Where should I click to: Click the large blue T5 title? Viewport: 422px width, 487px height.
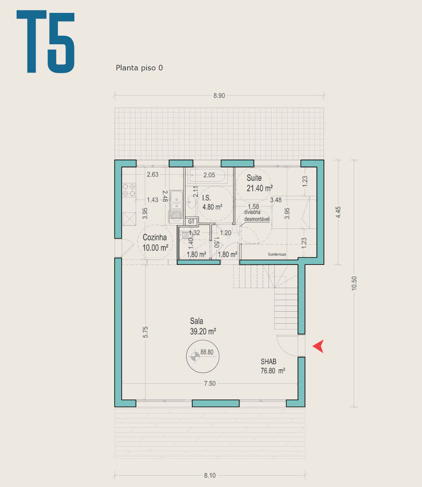[45, 41]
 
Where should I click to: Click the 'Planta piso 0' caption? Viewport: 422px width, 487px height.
[139, 68]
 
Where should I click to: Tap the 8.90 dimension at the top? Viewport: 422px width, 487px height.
[219, 96]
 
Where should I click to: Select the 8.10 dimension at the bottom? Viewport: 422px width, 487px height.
[210, 476]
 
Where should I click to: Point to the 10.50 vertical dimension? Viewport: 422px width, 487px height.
[354, 283]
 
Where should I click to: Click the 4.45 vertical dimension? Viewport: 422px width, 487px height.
[338, 212]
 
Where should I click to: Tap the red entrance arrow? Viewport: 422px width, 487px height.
[318, 346]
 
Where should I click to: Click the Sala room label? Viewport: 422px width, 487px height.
[196, 321]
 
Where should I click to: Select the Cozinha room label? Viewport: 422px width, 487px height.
[155, 237]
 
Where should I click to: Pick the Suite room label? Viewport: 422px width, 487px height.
[254, 178]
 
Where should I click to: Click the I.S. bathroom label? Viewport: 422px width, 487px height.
[207, 198]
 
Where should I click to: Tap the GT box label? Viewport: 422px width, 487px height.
[191, 222]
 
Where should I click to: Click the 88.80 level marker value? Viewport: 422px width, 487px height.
[207, 352]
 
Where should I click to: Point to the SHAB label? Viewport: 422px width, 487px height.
[268, 362]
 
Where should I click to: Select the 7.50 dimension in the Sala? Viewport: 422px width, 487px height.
[210, 384]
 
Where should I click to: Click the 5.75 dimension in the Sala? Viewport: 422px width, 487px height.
[145, 332]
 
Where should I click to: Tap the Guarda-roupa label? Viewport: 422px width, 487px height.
[277, 254]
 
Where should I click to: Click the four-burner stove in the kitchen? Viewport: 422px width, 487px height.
[129, 190]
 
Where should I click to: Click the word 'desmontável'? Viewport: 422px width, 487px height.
[257, 219]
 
